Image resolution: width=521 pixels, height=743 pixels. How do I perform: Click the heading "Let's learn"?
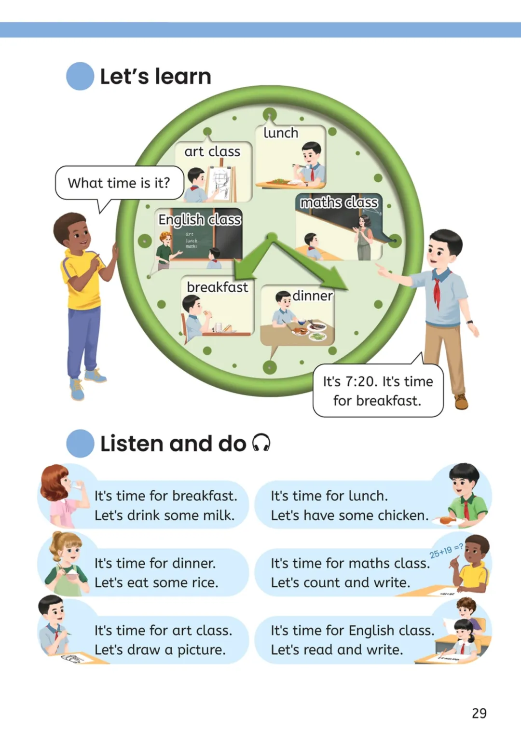(x=155, y=77)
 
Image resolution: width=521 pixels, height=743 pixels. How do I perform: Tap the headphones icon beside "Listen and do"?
(x=261, y=443)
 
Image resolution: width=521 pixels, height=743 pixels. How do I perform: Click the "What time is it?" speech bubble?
(x=119, y=183)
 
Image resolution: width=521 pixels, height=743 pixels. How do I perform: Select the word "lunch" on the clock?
(x=281, y=133)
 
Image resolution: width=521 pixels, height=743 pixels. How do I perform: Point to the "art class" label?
(x=212, y=152)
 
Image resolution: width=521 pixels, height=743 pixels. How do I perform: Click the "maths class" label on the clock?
(x=339, y=203)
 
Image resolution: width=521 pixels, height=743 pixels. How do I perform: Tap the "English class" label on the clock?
(x=199, y=220)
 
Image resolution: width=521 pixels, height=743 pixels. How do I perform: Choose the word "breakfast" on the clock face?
(x=217, y=287)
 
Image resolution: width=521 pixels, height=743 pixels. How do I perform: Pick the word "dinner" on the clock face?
(x=313, y=296)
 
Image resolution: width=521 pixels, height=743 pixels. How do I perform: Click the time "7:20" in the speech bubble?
(x=360, y=382)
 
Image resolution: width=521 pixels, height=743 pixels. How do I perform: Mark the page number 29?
(x=479, y=714)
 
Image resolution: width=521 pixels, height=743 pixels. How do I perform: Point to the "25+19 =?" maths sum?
(x=446, y=551)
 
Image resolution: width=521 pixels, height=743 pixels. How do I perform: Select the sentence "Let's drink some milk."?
(x=165, y=515)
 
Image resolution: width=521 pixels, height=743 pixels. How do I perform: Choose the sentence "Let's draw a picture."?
(x=160, y=650)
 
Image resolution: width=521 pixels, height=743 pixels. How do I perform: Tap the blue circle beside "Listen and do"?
(x=80, y=443)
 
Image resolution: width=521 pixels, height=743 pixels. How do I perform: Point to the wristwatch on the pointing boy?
(x=469, y=322)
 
